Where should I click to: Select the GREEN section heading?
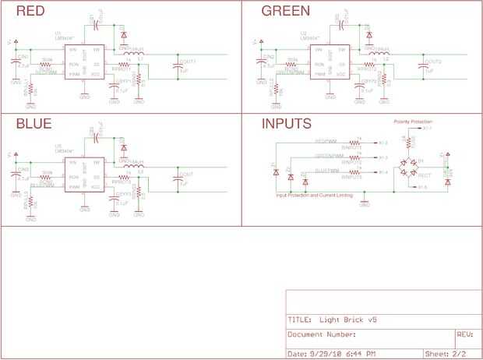pyautogui.click(x=285, y=12)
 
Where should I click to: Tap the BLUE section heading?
pyautogui.click(x=34, y=124)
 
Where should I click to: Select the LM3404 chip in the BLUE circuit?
pyautogui.click(x=83, y=175)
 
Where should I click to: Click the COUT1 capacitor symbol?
pyautogui.click(x=178, y=69)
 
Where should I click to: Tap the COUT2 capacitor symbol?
pyautogui.click(x=423, y=69)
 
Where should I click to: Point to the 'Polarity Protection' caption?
pyautogui.click(x=412, y=122)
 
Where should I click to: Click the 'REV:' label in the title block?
pyautogui.click(x=464, y=334)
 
